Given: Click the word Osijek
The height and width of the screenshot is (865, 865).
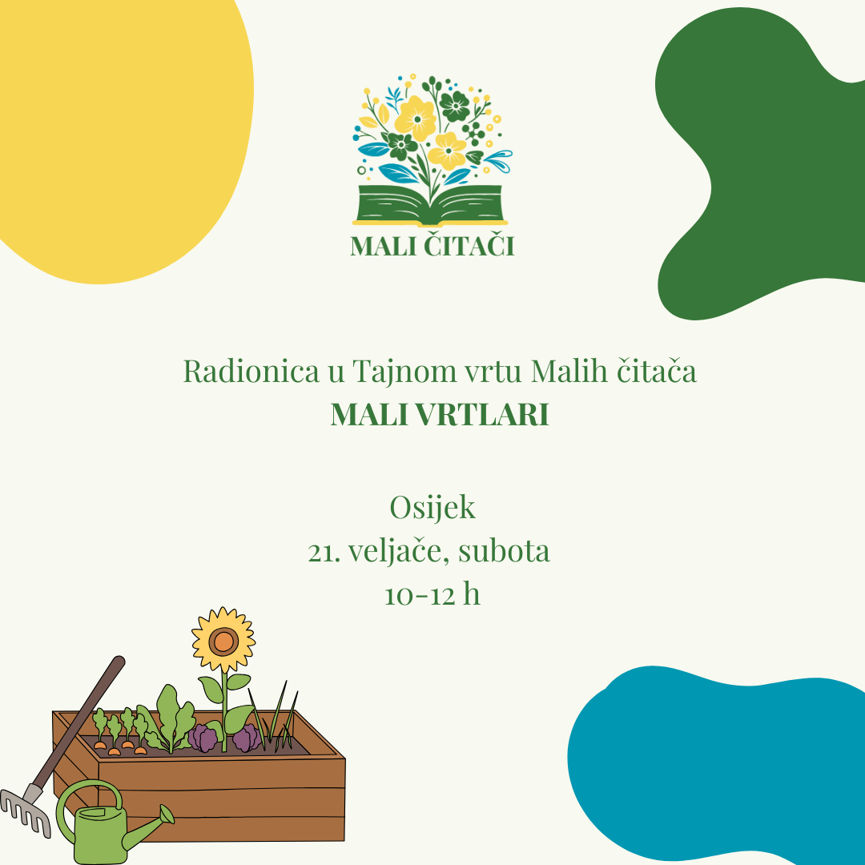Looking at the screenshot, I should coord(432,508).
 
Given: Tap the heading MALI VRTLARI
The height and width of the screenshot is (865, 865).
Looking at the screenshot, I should coord(440,415).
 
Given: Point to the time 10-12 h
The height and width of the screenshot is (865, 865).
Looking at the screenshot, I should coord(432,595).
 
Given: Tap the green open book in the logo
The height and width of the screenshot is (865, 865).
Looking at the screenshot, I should coord(431,205).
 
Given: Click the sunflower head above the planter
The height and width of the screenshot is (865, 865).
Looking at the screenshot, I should coord(223,640).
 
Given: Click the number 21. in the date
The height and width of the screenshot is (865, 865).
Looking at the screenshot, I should coord(322,553).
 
